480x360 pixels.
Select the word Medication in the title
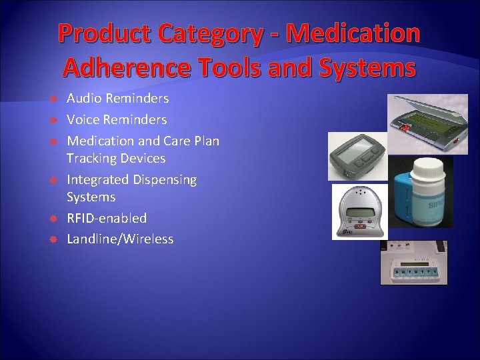(x=355, y=34)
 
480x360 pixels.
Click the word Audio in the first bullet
(x=84, y=99)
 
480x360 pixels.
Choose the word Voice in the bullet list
(x=83, y=120)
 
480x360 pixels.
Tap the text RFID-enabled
(x=107, y=219)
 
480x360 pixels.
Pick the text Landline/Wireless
(x=120, y=239)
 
